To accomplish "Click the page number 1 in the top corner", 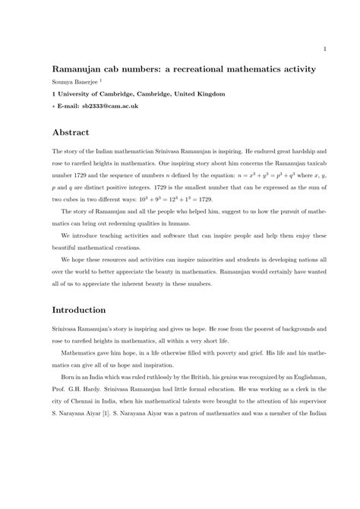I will pos(324,51).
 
